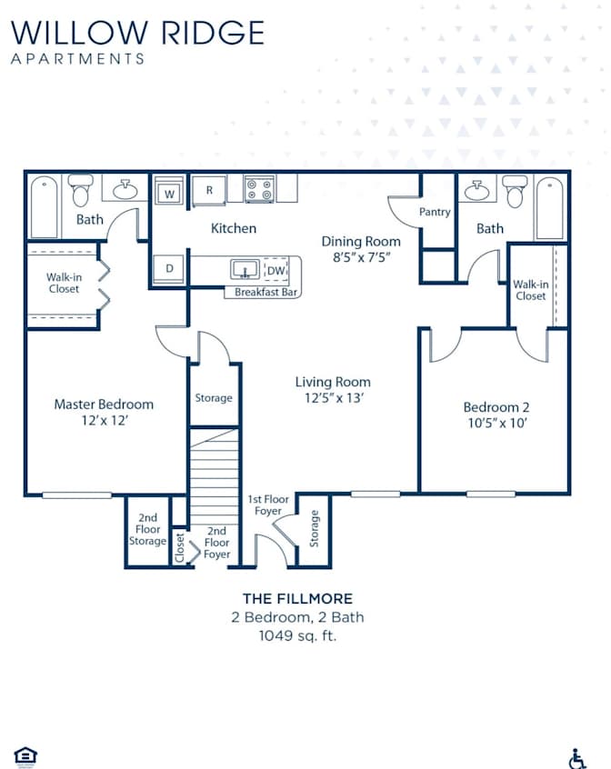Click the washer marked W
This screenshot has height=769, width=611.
[x=169, y=192]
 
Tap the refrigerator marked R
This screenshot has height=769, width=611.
[x=209, y=190]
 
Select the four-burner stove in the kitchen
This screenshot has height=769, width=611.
[x=259, y=190]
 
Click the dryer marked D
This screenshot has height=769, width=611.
[x=169, y=269]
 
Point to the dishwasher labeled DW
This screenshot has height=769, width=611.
[x=276, y=269]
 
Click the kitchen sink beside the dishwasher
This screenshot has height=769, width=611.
[x=245, y=269]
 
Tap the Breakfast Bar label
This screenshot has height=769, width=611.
[x=265, y=292]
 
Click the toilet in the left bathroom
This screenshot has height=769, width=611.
[x=80, y=190]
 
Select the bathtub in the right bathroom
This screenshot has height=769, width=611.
[x=550, y=208]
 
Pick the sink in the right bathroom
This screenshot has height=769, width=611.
[x=477, y=190]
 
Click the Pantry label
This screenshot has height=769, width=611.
[x=435, y=212]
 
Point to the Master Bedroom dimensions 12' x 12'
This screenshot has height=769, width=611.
[x=105, y=420]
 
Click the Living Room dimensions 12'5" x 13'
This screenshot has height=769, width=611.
[x=334, y=398]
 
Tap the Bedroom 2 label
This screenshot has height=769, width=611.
[x=496, y=407]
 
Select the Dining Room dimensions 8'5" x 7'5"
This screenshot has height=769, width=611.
[x=361, y=257]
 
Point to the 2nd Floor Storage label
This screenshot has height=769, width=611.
[x=147, y=529]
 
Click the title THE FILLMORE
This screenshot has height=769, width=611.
[x=297, y=599]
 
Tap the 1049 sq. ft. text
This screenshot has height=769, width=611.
[x=297, y=636]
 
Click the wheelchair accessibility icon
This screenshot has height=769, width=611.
[x=577, y=759]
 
